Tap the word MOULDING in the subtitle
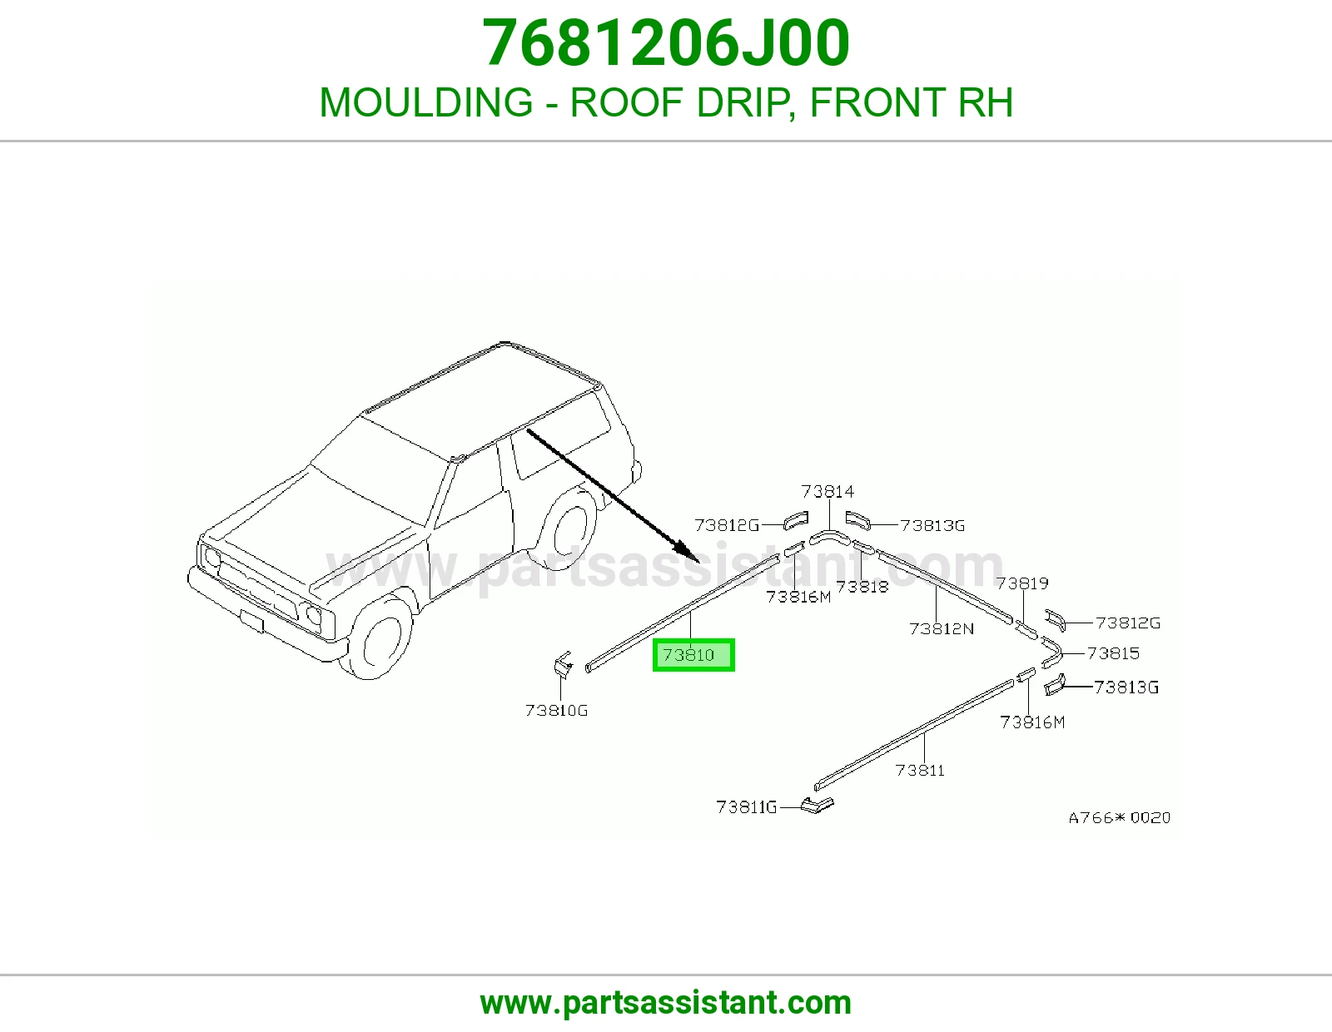(426, 102)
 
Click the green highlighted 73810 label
(693, 655)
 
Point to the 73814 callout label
(828, 492)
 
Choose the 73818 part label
(862, 587)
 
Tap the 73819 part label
(1021, 583)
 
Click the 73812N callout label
(942, 628)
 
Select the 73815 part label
(1113, 653)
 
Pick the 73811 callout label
(920, 771)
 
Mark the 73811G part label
(747, 807)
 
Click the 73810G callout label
(557, 710)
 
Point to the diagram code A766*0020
(1120, 817)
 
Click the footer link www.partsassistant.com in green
(666, 1003)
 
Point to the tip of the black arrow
(699, 562)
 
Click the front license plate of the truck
(252, 621)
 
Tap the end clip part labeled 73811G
(818, 806)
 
